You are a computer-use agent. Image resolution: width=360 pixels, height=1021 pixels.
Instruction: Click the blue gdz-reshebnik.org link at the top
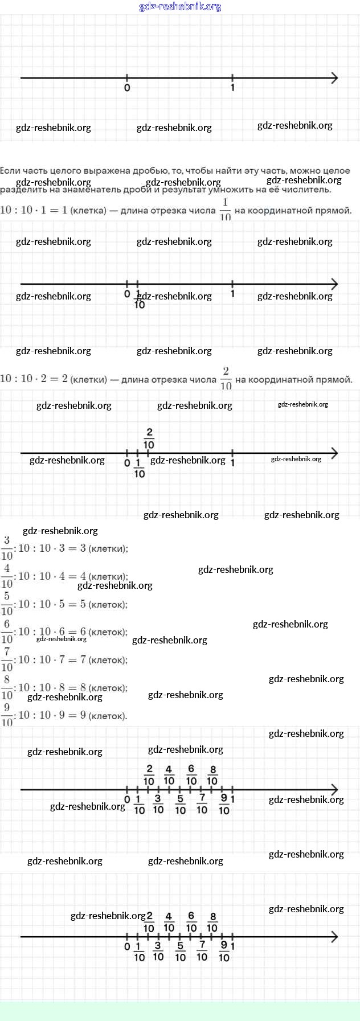(180, 7)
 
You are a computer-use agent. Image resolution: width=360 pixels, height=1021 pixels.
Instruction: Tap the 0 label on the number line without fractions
(127, 88)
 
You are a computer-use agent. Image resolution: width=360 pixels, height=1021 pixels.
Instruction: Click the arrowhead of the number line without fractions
(334, 78)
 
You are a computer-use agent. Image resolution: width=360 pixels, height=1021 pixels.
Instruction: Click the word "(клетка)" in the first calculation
(88, 211)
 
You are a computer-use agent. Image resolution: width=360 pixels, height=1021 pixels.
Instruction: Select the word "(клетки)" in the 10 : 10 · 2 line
(89, 380)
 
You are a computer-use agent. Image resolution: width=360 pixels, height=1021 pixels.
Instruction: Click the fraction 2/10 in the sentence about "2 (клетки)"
(226, 379)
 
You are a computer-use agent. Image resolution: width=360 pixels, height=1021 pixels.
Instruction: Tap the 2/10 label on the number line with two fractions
(149, 438)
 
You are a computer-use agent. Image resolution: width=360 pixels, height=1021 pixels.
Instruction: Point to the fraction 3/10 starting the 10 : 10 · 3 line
(7, 548)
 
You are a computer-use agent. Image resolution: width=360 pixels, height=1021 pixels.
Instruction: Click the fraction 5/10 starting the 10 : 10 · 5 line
(7, 604)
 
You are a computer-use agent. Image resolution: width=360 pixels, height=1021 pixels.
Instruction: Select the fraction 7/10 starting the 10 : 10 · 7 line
(7, 659)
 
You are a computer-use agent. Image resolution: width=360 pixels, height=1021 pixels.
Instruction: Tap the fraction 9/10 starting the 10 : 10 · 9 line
(7, 715)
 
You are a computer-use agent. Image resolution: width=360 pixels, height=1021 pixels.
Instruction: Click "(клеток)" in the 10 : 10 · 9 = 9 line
(108, 716)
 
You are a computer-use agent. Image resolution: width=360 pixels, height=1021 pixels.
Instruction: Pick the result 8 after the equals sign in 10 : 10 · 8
(83, 687)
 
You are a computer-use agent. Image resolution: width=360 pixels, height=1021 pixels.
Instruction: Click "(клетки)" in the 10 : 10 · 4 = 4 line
(108, 576)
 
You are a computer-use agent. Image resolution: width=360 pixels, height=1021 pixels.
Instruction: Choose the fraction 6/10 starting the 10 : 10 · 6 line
(7, 632)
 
